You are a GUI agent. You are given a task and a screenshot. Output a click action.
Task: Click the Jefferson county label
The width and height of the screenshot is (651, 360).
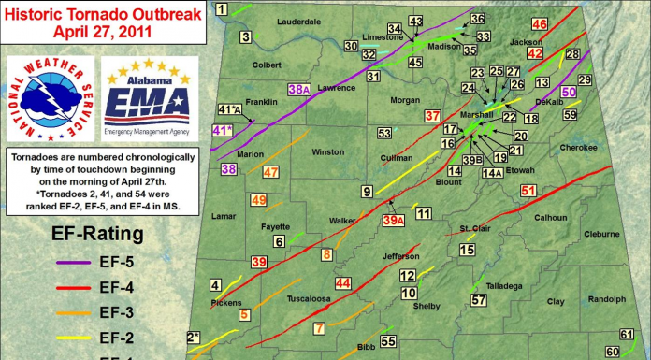[402, 255]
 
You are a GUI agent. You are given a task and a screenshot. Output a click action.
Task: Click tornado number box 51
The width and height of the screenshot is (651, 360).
[528, 191]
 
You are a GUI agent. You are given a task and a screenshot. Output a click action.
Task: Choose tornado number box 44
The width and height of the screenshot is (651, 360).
[343, 282]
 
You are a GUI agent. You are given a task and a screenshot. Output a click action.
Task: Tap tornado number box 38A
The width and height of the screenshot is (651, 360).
[298, 89]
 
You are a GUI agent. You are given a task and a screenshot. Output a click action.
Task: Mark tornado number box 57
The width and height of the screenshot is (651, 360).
[479, 300]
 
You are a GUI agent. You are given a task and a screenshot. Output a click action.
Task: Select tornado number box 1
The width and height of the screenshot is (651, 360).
[222, 9]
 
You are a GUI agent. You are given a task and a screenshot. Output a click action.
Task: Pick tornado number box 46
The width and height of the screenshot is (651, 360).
[540, 24]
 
